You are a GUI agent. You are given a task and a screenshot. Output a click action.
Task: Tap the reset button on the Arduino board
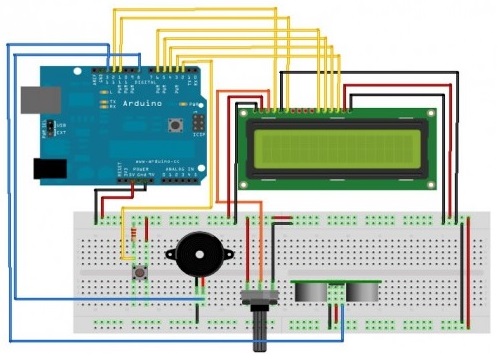pos(176,125)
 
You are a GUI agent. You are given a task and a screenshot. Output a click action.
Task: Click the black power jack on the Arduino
pos(49,169)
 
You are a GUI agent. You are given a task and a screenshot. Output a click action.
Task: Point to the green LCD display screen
pos(335,148)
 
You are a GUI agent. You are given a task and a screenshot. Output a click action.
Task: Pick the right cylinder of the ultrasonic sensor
pos(361,290)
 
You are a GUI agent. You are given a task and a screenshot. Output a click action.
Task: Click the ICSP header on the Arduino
pos(199,122)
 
